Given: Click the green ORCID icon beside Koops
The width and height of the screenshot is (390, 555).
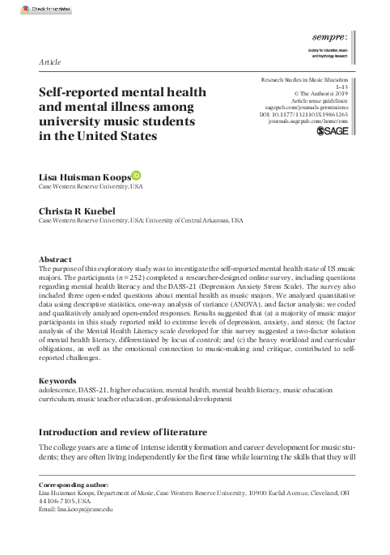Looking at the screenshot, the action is pos(136,175).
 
